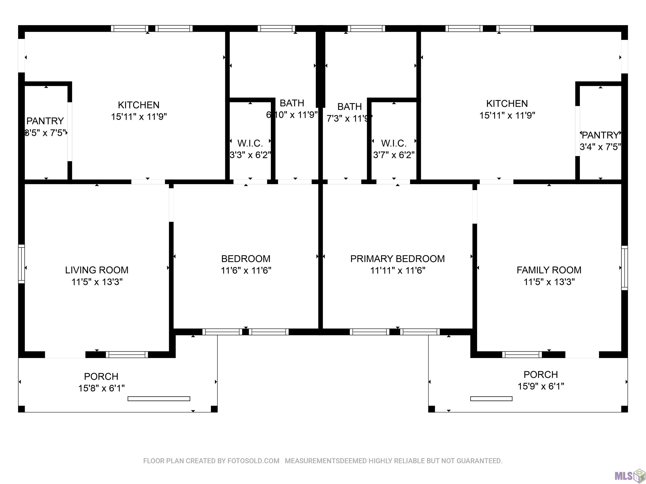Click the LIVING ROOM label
[x=97, y=270]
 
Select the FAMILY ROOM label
[x=549, y=270]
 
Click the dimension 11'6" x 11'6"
[x=246, y=270]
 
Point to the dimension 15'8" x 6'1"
[x=101, y=388]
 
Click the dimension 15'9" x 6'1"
[x=541, y=386]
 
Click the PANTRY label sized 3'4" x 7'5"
[x=600, y=135]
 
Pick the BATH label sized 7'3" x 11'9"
[x=349, y=107]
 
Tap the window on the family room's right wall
[x=624, y=268]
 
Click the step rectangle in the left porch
[x=159, y=399]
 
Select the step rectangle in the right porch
[x=491, y=399]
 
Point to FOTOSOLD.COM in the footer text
[x=253, y=461]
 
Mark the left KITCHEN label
[x=139, y=105]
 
